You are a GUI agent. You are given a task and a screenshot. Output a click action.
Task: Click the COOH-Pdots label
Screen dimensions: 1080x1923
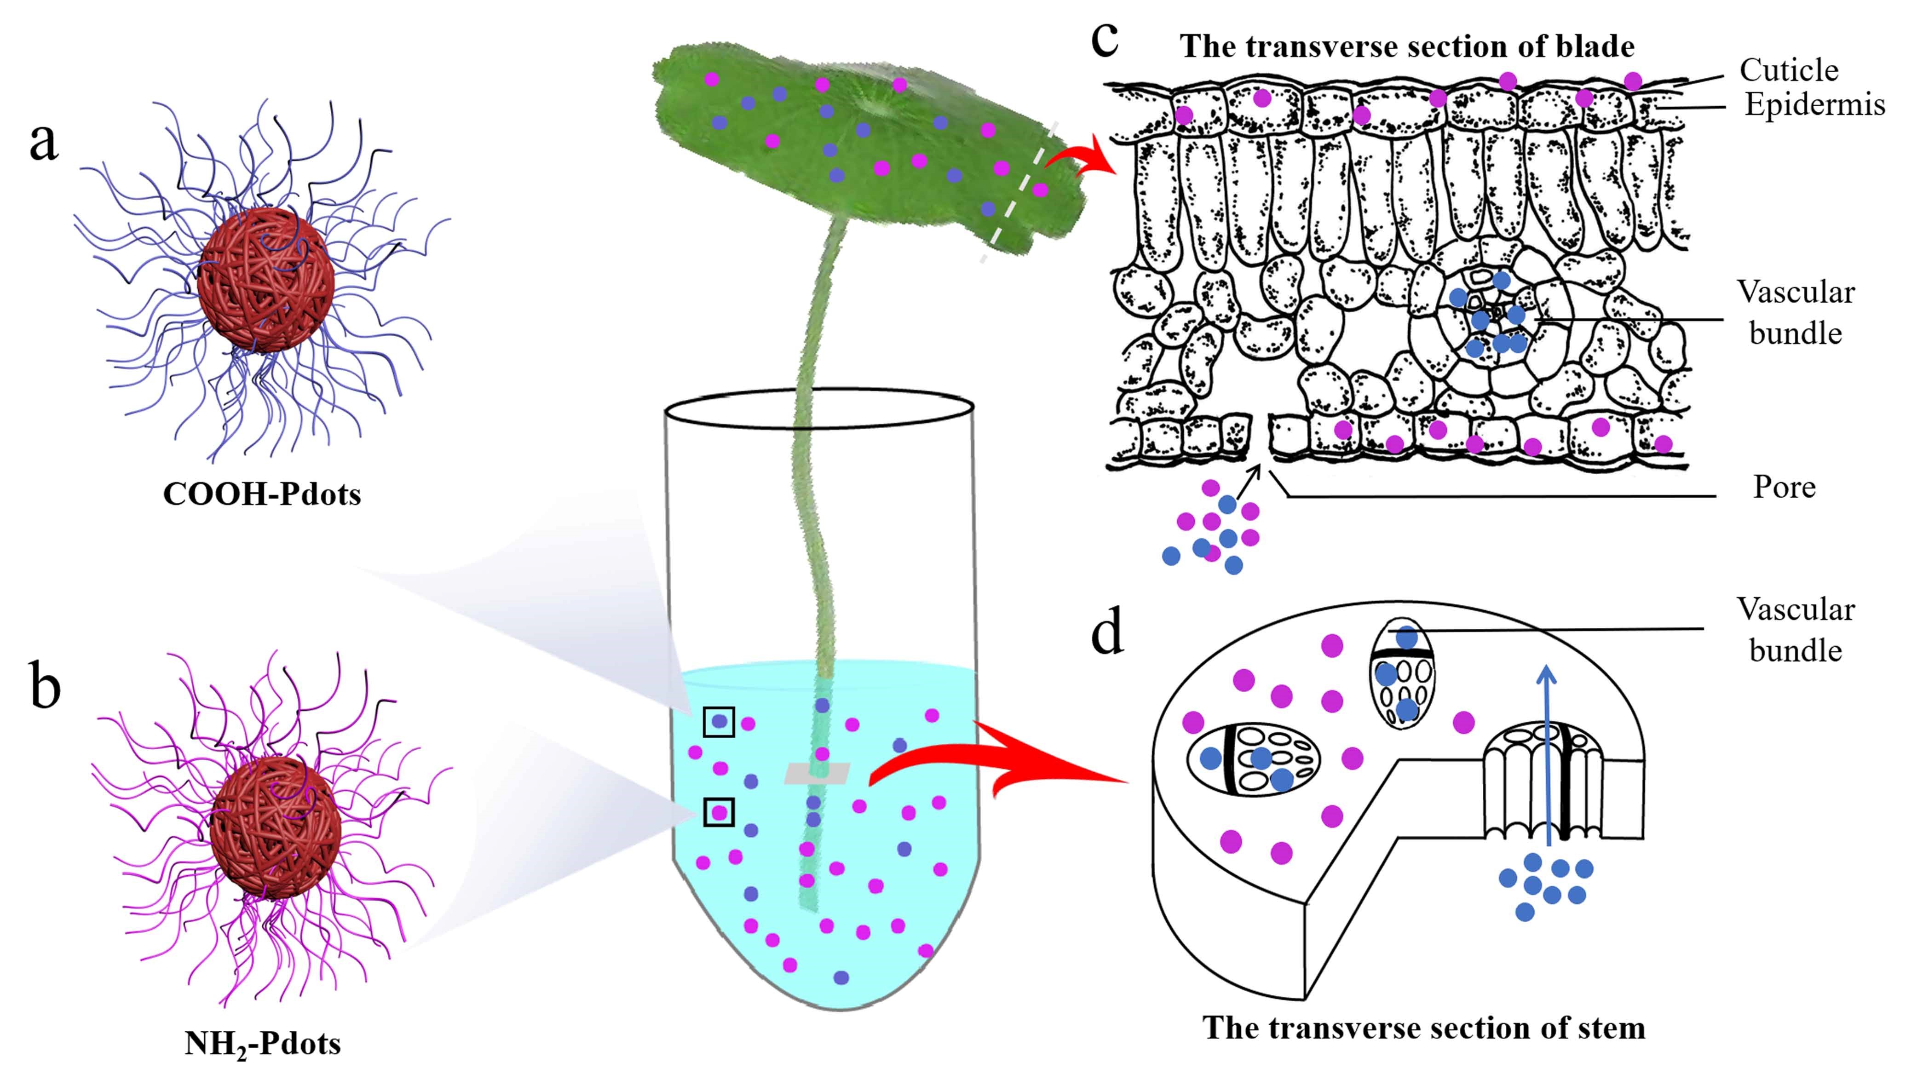tap(262, 494)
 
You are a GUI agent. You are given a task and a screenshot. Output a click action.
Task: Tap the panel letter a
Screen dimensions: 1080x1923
tap(43, 142)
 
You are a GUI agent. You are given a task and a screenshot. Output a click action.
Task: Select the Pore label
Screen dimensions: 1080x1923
tap(1784, 488)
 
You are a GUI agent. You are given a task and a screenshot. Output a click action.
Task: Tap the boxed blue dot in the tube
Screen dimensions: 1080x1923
tap(719, 722)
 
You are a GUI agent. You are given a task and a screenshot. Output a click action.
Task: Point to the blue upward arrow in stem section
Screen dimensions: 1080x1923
tap(1547, 754)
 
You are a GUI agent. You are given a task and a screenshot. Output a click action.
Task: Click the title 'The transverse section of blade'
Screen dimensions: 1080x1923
tap(1407, 47)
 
